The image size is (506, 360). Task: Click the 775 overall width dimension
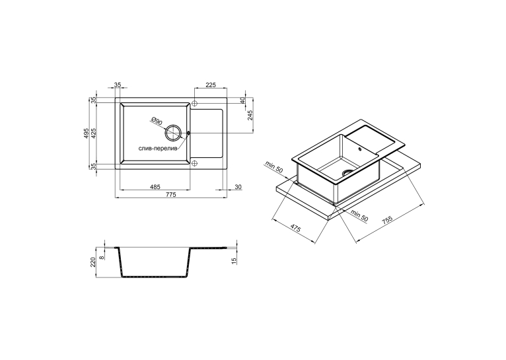170,194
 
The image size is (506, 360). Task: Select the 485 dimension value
155,187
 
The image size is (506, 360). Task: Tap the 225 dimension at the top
211,85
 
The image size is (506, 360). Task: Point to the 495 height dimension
86,133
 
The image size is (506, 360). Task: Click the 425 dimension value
94,133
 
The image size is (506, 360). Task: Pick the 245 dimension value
250,115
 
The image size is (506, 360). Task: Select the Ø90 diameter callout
156,121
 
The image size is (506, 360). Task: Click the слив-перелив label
158,149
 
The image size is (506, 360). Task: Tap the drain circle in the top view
172,132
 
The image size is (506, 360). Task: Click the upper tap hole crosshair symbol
195,103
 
